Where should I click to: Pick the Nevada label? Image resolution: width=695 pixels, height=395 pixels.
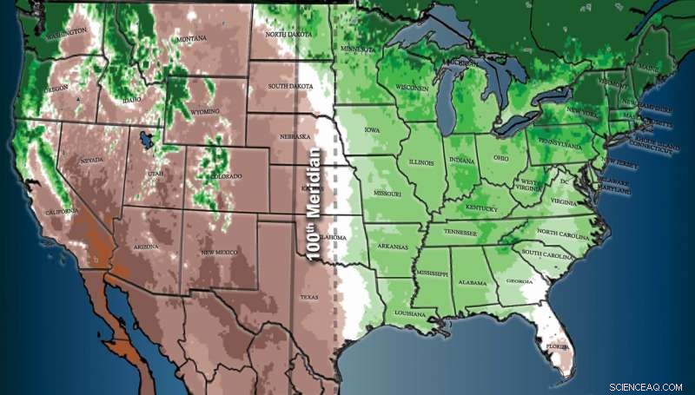[x=91, y=160]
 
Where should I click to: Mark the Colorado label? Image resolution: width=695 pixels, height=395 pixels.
[x=226, y=176]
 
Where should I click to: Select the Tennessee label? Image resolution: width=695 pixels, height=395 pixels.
[x=460, y=233]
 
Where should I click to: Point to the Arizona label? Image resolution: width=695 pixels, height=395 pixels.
[x=146, y=245]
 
